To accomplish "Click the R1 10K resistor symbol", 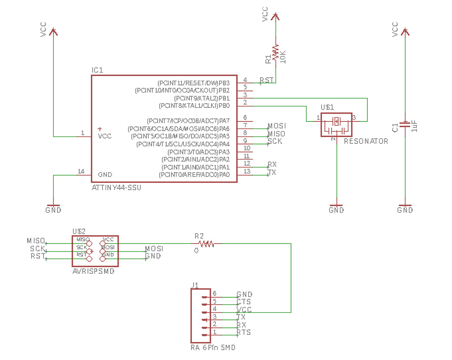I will (276, 53).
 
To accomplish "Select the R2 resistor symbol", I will (206, 244).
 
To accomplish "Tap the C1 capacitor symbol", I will (405, 125).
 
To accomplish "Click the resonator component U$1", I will (336, 125).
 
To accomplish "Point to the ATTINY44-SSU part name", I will (116, 188).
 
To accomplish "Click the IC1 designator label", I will (97, 70).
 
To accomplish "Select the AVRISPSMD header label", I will (93, 271).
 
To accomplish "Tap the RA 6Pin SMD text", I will (213, 348).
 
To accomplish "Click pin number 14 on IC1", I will (81, 171).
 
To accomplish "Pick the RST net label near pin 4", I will (266, 80).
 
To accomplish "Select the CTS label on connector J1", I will (244, 302).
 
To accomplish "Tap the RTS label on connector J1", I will (244, 333).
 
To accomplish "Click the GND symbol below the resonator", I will (336, 209).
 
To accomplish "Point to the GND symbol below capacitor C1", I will (405, 209).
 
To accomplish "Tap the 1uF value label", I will (414, 126).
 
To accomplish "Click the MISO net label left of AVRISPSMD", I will (36, 240).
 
